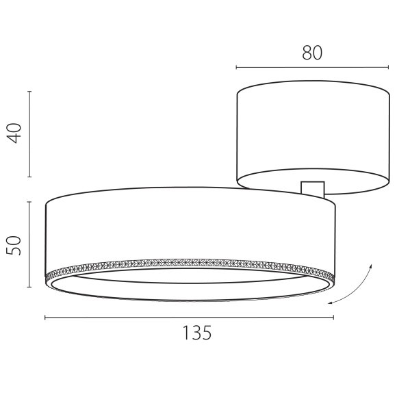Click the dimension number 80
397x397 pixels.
tap(311, 53)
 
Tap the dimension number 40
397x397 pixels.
tap(17, 131)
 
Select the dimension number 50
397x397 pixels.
tap(17, 244)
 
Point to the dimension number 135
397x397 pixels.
tap(196, 333)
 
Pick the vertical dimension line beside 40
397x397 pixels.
tap(29, 133)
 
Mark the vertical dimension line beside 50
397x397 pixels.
tap(29, 244)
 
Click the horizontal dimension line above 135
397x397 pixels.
tap(189, 317)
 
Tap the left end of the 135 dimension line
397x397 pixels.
tap(45, 317)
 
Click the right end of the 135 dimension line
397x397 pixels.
tap(333, 317)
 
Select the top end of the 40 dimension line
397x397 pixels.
tap(29, 90)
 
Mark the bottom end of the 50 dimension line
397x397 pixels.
tap(29, 287)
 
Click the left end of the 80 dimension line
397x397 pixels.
tap(236, 67)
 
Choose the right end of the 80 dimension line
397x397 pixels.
tap(388, 67)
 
